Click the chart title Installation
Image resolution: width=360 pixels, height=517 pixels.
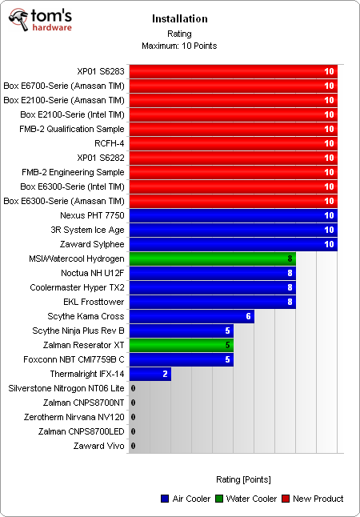(179, 18)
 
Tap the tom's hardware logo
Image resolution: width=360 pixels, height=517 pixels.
(41, 20)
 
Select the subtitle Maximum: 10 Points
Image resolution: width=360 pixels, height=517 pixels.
(179, 45)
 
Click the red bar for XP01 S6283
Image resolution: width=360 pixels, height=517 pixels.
(233, 71)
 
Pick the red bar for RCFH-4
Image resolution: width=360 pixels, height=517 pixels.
(233, 143)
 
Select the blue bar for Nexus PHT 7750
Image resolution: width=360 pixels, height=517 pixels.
(233, 215)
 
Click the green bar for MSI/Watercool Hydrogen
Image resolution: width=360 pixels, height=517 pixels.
(212, 258)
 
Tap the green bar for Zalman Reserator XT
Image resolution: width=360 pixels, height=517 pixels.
(181, 345)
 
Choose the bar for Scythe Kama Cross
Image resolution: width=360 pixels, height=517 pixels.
(191, 316)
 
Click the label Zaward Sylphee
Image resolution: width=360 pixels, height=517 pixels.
(92, 244)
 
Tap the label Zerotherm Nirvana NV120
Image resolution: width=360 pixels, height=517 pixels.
(74, 417)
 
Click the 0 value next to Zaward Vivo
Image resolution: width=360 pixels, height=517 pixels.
(133, 446)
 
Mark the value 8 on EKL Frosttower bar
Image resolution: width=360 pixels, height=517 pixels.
(290, 302)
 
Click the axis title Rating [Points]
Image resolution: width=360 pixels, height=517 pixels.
(243, 479)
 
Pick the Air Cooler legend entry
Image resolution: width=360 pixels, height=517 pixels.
(186, 499)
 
